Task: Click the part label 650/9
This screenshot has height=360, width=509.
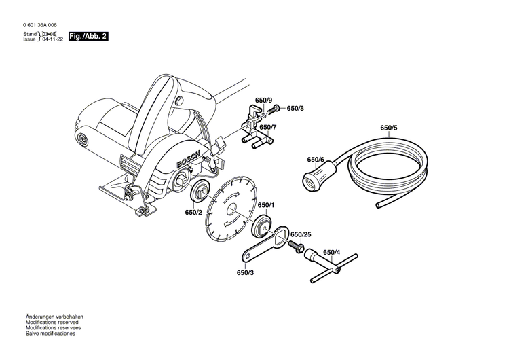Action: tap(263, 101)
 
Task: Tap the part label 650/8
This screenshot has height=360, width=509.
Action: tap(295, 108)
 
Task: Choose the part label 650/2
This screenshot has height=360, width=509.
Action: tap(193, 212)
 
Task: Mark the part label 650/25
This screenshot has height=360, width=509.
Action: tap(301, 235)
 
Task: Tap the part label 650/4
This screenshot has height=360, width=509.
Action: tap(333, 253)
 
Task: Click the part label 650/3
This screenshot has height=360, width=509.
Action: tap(245, 273)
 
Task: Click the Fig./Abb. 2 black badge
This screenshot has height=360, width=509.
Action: tap(88, 36)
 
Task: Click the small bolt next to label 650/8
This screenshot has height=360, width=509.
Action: tap(275, 108)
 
